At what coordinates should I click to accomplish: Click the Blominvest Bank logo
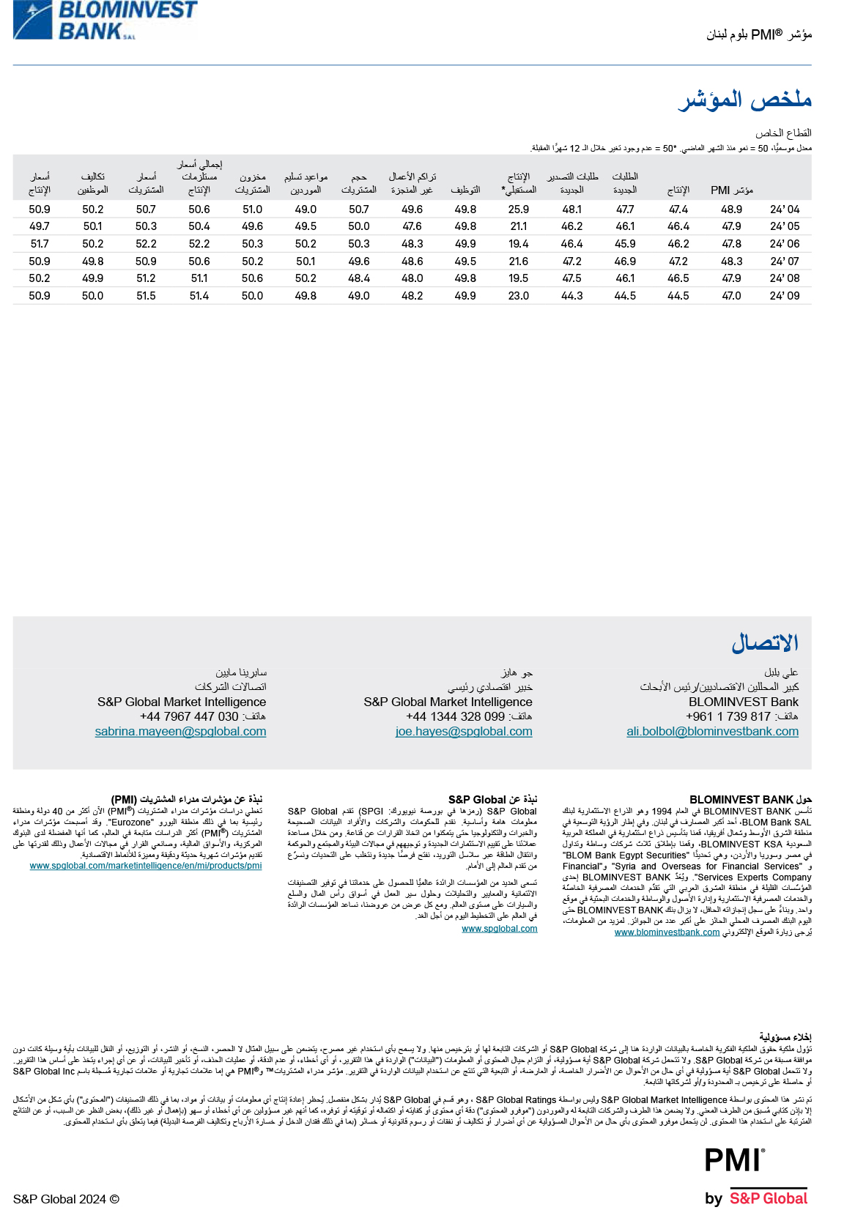point(105,20)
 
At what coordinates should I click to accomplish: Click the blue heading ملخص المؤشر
point(744,100)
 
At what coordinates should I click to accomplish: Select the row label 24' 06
point(784,244)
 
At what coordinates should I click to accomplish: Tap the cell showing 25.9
point(519,209)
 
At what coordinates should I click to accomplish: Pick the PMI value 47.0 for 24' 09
point(731,296)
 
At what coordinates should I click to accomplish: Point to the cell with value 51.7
point(40,244)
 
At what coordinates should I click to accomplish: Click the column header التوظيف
point(465,190)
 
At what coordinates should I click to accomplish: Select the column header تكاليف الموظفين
point(93,183)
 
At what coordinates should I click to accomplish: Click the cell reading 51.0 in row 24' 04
point(252,209)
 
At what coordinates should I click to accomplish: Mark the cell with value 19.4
point(519,244)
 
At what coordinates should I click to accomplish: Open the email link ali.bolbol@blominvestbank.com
point(712,732)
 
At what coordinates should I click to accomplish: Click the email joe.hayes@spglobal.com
point(464,732)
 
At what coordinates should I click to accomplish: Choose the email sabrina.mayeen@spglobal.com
point(180,732)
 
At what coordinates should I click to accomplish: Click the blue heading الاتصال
point(765,644)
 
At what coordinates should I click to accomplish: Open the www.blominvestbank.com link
point(667,932)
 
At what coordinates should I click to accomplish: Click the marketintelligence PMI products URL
point(146,866)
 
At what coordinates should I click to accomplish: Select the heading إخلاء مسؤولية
point(785,1037)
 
